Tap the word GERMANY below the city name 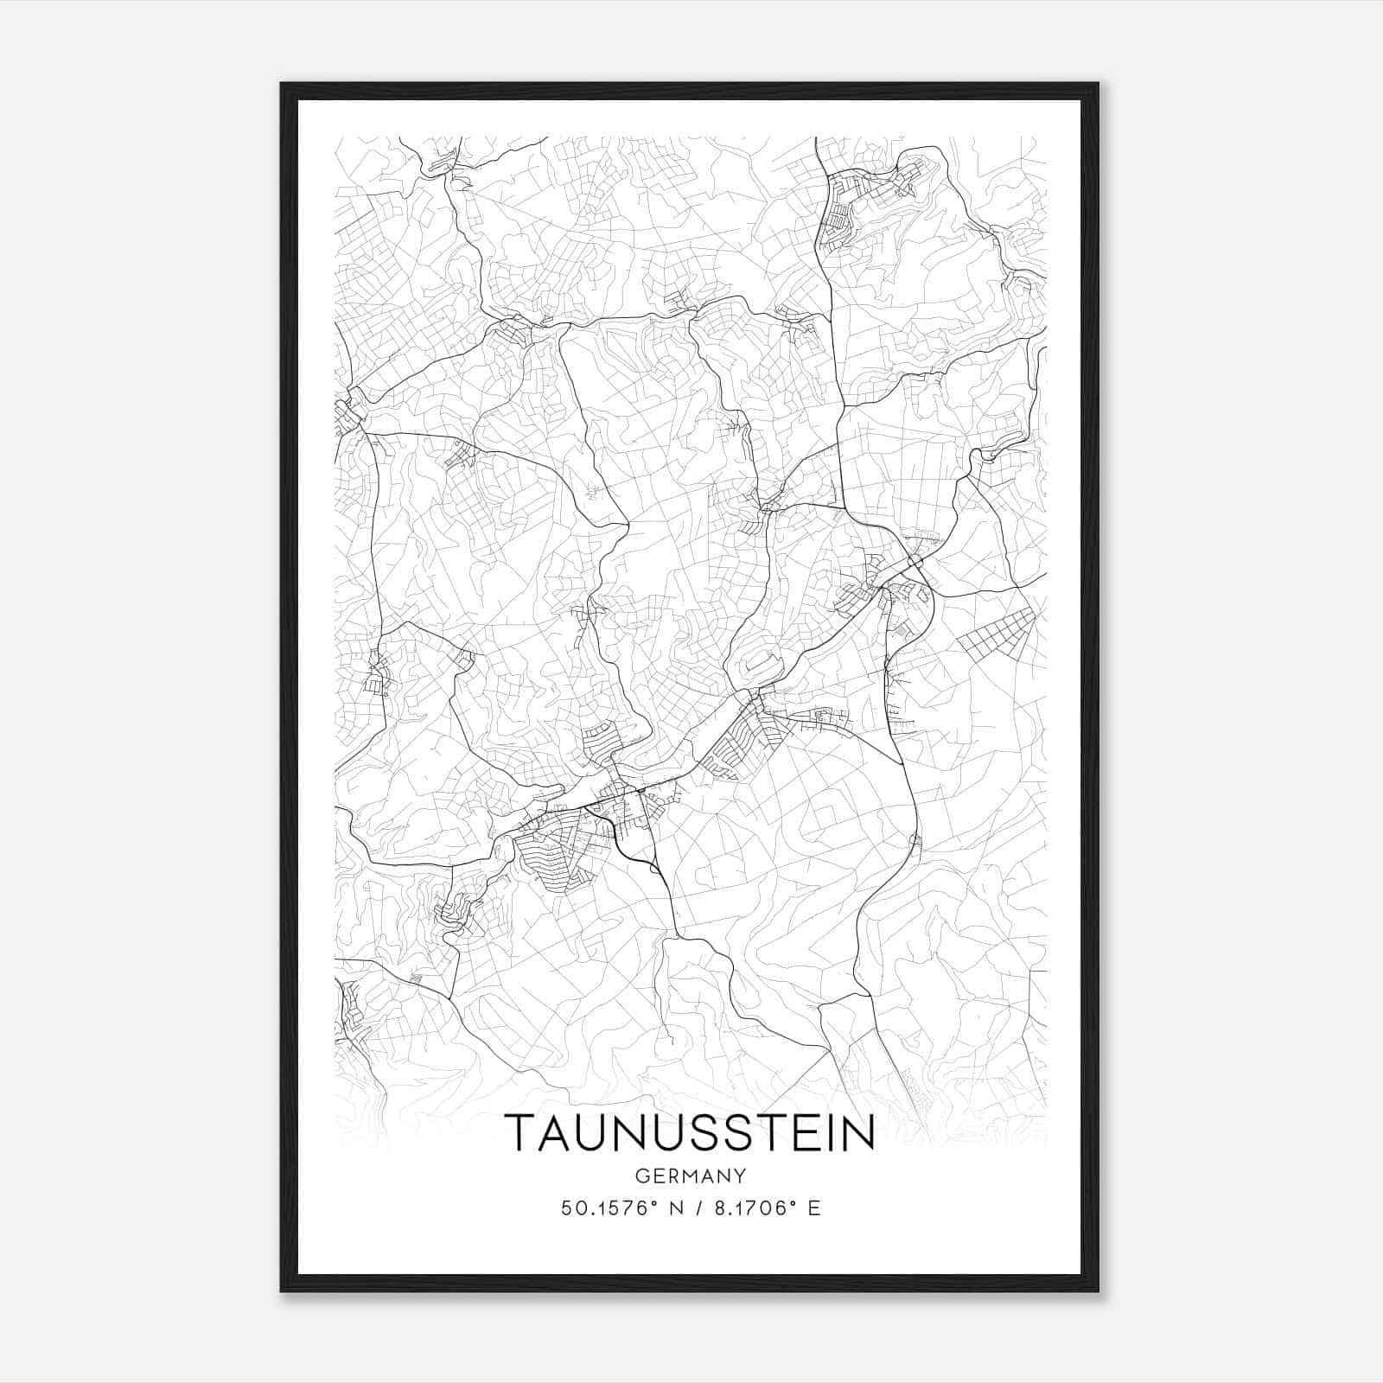690,1176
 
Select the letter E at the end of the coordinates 813,1208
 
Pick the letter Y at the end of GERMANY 740,1176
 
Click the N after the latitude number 666,1208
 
